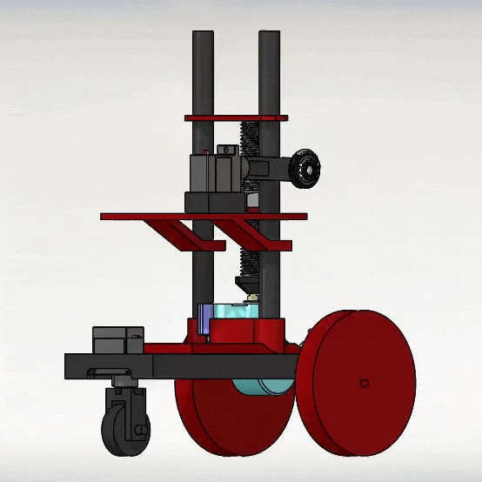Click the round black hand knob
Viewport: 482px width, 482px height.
[x=305, y=167]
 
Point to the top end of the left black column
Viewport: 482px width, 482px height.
[x=203, y=36]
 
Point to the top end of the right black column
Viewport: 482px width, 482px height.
[x=269, y=36]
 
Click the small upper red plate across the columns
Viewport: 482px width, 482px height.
[x=235, y=117]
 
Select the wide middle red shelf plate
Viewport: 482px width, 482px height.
[x=204, y=216]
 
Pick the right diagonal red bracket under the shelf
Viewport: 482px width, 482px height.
[x=240, y=232]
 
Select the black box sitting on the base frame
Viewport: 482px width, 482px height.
[x=117, y=339]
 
